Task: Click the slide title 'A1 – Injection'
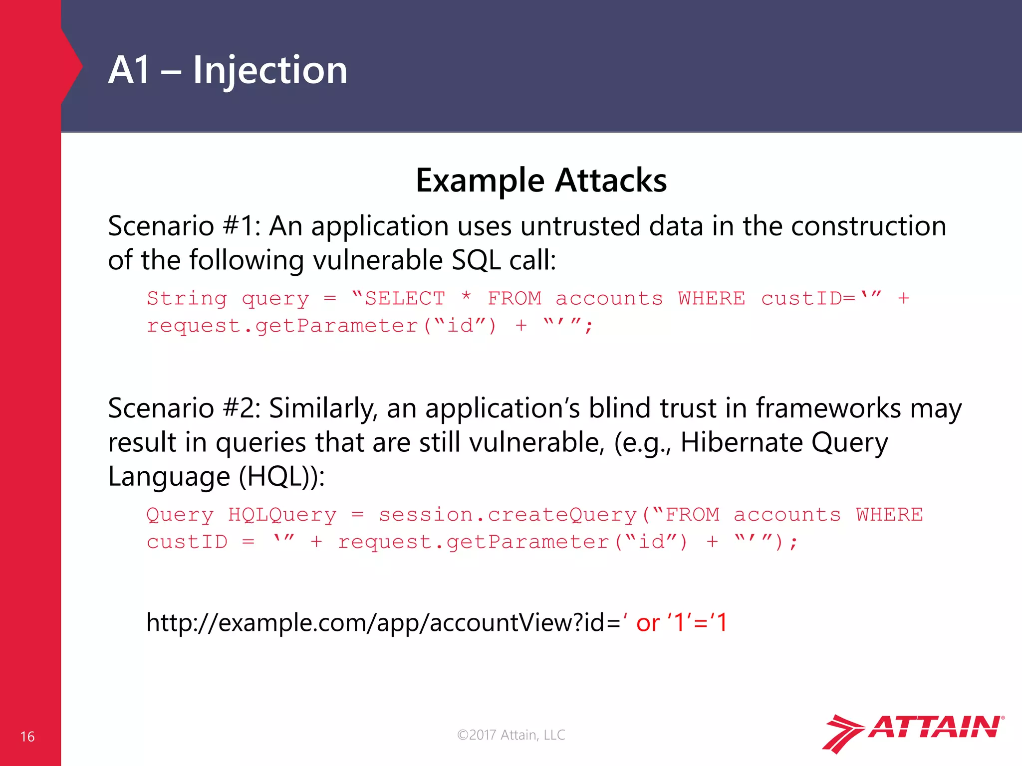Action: pyautogui.click(x=228, y=70)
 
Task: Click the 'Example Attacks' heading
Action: pyautogui.click(x=541, y=180)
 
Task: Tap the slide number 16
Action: pyautogui.click(x=27, y=737)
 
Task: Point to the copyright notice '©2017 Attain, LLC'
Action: pyautogui.click(x=511, y=735)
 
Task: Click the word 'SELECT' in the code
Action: pyautogui.click(x=405, y=298)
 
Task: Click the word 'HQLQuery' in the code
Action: pyautogui.click(x=282, y=515)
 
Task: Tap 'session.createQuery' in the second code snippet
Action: pyautogui.click(x=508, y=515)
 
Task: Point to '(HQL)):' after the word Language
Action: pyautogui.click(x=282, y=476)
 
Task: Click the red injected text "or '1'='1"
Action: pyautogui.click(x=682, y=623)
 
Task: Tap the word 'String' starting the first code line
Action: pyautogui.click(x=187, y=298)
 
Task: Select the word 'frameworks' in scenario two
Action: pyautogui.click(x=828, y=408)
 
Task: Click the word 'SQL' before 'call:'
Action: pyautogui.click(x=476, y=260)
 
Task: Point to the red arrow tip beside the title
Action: pyautogui.click(x=77, y=66)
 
